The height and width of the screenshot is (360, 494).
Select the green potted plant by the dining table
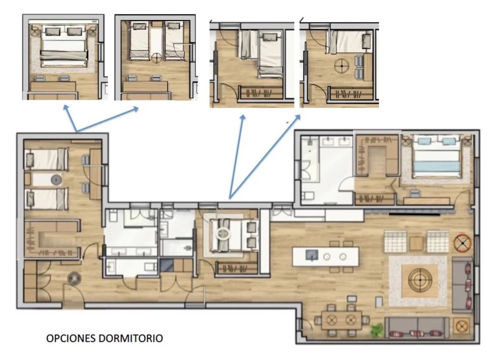(377, 330)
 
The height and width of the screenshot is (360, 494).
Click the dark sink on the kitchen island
(312, 255)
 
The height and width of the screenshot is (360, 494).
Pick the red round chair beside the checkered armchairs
(462, 243)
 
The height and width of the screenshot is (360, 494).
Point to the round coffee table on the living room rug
(420, 280)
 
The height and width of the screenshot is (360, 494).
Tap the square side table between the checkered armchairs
(416, 243)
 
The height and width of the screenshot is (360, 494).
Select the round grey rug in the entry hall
(74, 279)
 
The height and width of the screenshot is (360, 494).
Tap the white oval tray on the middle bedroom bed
(223, 234)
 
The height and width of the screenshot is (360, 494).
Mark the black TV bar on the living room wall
(415, 214)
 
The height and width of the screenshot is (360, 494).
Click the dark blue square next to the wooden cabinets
(167, 265)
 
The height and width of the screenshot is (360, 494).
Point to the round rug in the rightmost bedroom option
(342, 66)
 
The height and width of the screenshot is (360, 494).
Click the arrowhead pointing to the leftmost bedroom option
(66, 107)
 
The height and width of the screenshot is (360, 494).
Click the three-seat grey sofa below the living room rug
(417, 328)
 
